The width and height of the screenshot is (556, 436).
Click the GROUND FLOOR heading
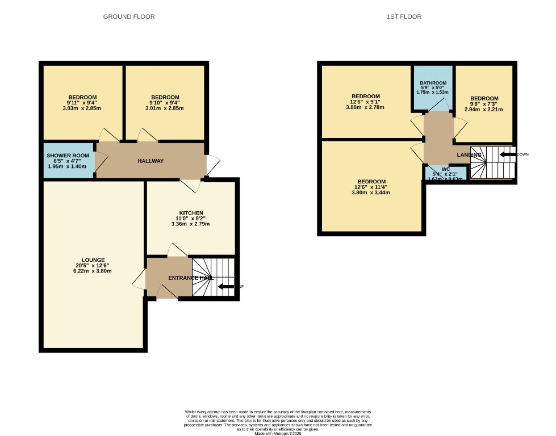point(128,16)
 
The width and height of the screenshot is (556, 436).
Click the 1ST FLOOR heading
point(404,16)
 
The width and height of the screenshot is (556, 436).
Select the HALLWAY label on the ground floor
point(151,161)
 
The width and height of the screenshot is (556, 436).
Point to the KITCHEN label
point(191,213)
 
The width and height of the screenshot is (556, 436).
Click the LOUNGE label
point(93,260)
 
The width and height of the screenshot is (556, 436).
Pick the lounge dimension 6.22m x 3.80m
point(93,271)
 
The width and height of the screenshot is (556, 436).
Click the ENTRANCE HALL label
point(191,278)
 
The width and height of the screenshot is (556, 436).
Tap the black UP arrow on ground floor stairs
point(227,286)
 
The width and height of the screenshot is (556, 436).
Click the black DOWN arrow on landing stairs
point(507,154)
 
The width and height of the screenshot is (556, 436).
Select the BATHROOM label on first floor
point(433,82)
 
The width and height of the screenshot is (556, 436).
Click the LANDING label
point(470,155)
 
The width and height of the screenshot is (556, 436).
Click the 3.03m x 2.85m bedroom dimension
point(82,108)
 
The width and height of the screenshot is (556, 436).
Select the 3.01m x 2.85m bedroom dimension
point(165,108)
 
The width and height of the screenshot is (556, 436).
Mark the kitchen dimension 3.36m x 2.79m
point(191,224)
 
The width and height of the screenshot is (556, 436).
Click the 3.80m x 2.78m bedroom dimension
point(365,107)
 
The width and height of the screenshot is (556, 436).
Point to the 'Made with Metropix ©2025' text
point(278,434)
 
